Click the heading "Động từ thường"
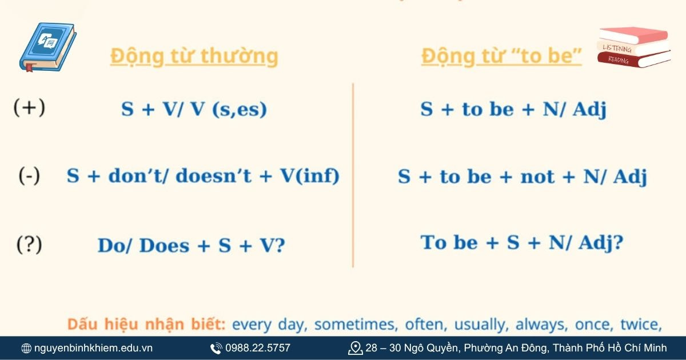tap(194, 57)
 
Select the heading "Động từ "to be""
tap(501, 57)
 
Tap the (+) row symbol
tap(29, 108)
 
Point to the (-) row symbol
tap(29, 176)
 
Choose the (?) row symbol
tap(29, 245)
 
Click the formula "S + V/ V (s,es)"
tap(194, 109)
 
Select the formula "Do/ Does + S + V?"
tap(192, 246)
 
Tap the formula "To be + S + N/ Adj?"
tap(521, 243)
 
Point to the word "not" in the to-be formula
tap(537, 177)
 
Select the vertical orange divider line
tap(353, 175)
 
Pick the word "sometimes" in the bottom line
tap(356, 325)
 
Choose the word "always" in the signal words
tap(537, 325)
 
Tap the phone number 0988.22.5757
tap(257, 348)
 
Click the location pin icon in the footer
tap(356, 348)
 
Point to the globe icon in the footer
tap(26, 348)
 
